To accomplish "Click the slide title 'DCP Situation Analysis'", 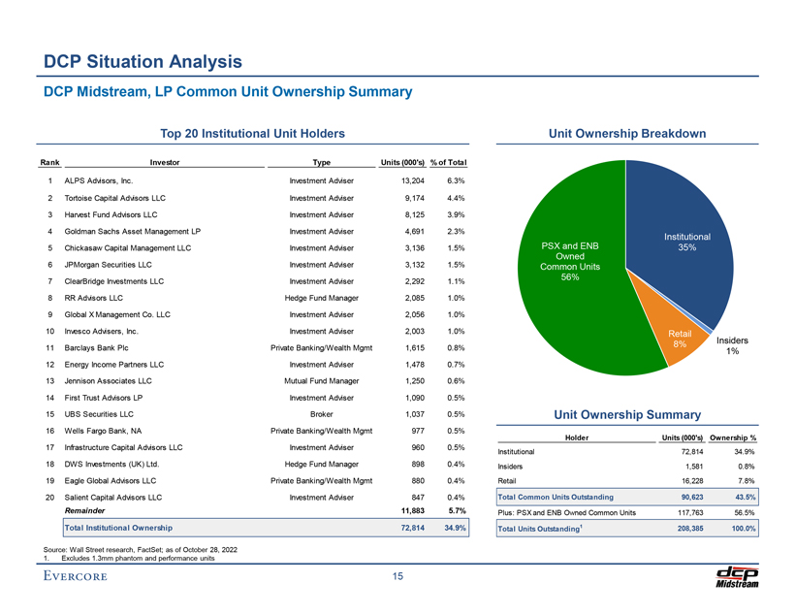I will (x=143, y=63).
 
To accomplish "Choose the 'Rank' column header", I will (x=49, y=162).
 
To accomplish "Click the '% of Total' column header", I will (x=448, y=162).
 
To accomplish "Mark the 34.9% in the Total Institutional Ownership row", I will (x=454, y=528).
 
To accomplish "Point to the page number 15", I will (x=397, y=579).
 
